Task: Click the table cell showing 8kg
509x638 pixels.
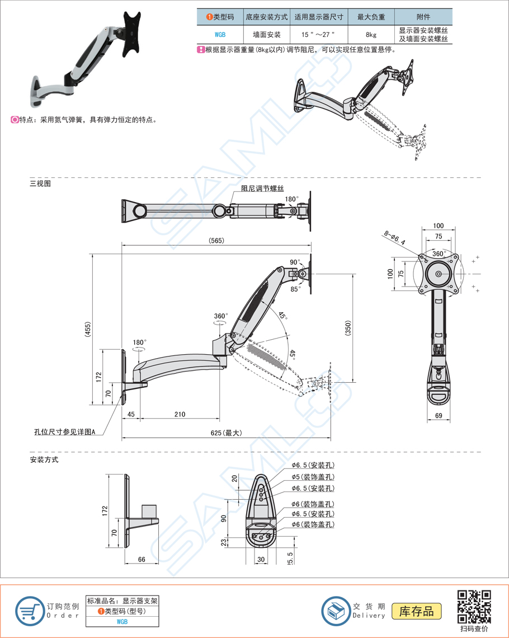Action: point(371,35)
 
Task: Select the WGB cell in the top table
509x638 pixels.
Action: point(219,35)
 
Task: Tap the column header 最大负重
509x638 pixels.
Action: point(371,17)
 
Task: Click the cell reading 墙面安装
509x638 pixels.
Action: point(266,35)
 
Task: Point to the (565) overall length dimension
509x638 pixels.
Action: point(216,240)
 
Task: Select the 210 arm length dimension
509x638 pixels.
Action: point(180,415)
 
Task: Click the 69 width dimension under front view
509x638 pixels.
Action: point(439,415)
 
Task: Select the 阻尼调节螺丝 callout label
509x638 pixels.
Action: point(262,189)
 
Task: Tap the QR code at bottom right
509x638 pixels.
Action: point(474,607)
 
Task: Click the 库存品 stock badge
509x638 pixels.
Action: point(417,611)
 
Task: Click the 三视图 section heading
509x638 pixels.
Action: point(40,183)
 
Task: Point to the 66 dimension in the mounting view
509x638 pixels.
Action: point(142,559)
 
